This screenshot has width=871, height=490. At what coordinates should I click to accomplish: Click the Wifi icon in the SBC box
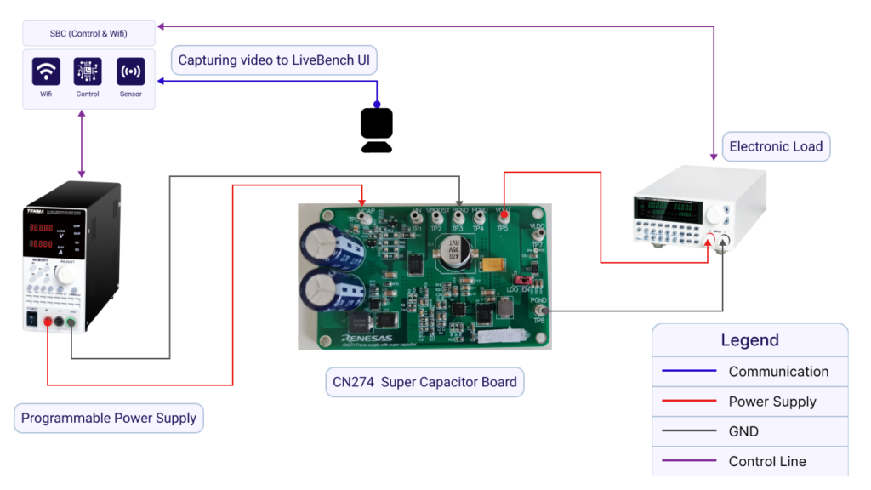pyautogui.click(x=46, y=71)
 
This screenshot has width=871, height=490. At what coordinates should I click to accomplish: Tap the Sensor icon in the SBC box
pyautogui.click(x=130, y=71)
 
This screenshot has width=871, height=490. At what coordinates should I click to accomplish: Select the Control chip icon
pyautogui.click(x=88, y=71)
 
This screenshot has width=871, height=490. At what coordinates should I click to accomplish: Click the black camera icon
pyautogui.click(x=376, y=130)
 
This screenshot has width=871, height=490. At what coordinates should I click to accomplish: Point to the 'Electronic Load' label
pyautogui.click(x=776, y=146)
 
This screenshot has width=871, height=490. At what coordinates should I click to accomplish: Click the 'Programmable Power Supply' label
pyautogui.click(x=109, y=418)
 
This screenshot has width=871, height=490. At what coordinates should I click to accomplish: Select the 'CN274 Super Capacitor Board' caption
pyautogui.click(x=424, y=382)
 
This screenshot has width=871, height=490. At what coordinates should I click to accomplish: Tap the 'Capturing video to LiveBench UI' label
pyautogui.click(x=274, y=61)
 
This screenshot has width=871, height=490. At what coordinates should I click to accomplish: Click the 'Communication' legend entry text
pyautogui.click(x=778, y=371)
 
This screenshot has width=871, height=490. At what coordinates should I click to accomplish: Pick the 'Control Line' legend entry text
pyautogui.click(x=767, y=461)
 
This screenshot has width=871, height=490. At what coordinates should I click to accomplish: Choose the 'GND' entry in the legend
pyautogui.click(x=743, y=431)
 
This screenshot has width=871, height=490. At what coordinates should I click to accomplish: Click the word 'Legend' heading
pyautogui.click(x=749, y=340)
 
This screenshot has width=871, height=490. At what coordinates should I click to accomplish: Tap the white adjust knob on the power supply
pyautogui.click(x=65, y=275)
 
